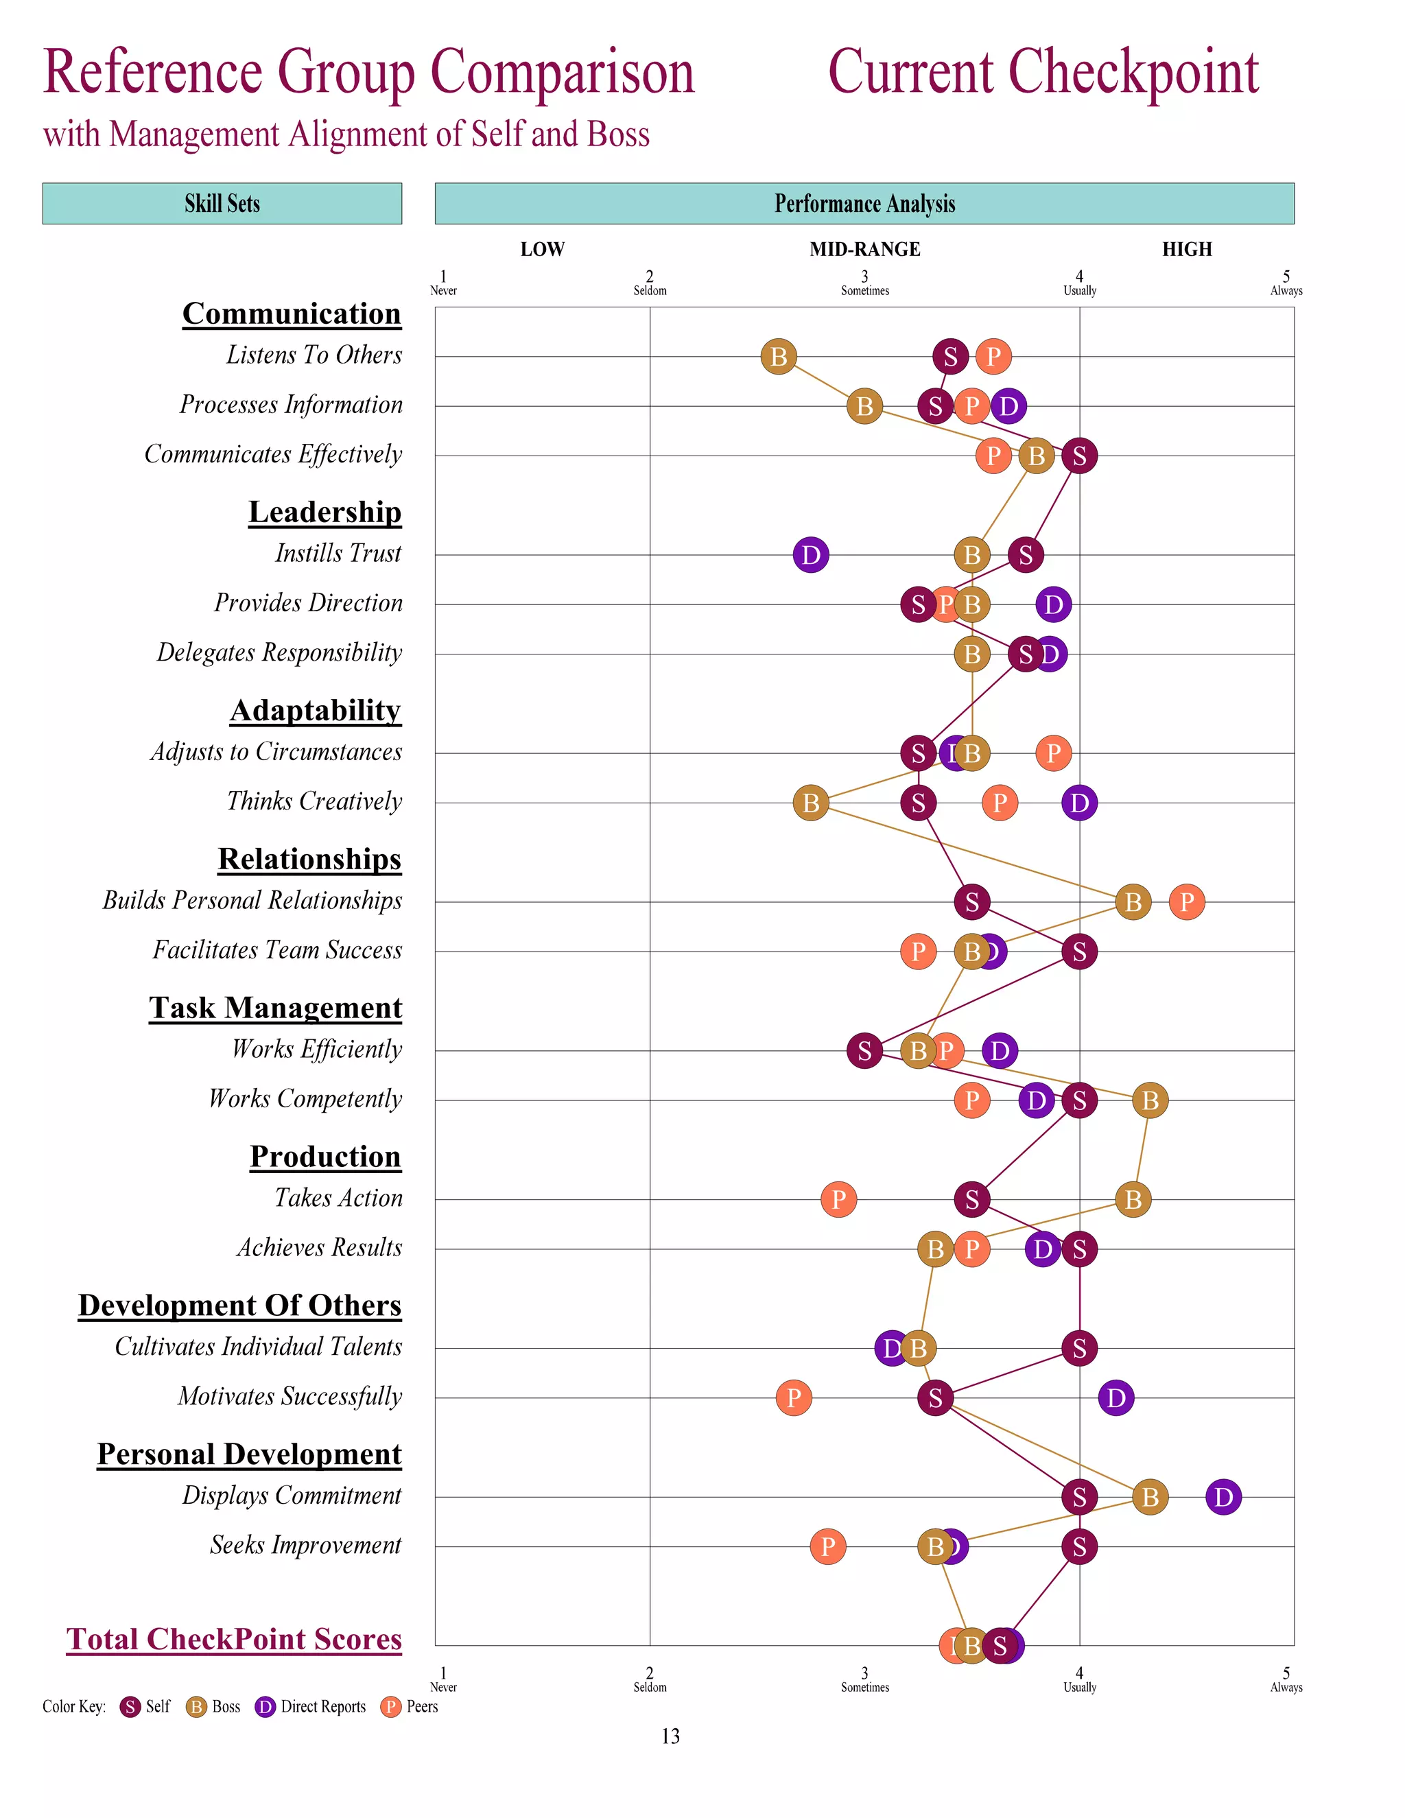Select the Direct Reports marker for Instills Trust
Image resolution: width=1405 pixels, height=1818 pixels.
811,554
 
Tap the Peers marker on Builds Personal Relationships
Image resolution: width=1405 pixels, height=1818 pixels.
1187,901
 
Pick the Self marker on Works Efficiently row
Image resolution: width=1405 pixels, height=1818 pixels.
865,1050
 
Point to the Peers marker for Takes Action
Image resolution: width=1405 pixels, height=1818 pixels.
838,1199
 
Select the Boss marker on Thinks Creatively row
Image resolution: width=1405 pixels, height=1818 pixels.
811,803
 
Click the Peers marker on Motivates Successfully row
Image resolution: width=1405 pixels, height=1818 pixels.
794,1397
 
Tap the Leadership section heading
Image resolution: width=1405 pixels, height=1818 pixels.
324,511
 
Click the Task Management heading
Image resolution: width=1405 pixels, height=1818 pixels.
276,1007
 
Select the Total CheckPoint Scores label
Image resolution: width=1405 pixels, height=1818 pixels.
234,1638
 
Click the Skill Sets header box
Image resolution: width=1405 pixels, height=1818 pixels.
222,204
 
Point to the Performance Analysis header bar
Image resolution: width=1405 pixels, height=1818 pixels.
864,204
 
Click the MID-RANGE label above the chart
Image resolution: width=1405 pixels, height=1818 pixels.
865,249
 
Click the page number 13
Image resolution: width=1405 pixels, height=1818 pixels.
670,1736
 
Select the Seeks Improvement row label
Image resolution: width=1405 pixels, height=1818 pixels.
305,1545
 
